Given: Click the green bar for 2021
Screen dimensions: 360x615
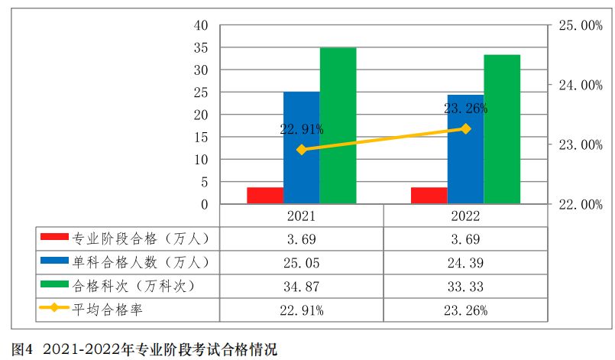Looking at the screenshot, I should coord(338,126).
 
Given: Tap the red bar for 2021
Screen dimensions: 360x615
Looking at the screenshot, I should coord(264,196).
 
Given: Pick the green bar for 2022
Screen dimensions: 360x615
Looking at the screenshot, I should coord(502,130).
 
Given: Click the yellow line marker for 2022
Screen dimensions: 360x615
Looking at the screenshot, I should coord(466,128).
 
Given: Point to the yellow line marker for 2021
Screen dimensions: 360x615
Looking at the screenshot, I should coord(302,150).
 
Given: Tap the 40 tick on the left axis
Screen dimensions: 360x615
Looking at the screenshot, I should coord(202,25).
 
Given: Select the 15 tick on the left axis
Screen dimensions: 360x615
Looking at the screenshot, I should coord(202,138).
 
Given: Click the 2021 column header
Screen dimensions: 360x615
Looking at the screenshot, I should coord(302,216).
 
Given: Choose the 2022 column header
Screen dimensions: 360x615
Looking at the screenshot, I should coord(466,216).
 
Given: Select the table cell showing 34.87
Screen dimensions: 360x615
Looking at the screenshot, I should coord(302,287).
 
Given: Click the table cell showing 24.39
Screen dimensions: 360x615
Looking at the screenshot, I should coord(466,263).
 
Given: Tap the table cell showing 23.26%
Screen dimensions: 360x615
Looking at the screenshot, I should coord(466,310).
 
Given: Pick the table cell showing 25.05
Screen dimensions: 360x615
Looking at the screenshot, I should coord(302,263).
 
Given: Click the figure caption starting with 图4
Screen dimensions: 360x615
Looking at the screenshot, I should coord(145,349).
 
